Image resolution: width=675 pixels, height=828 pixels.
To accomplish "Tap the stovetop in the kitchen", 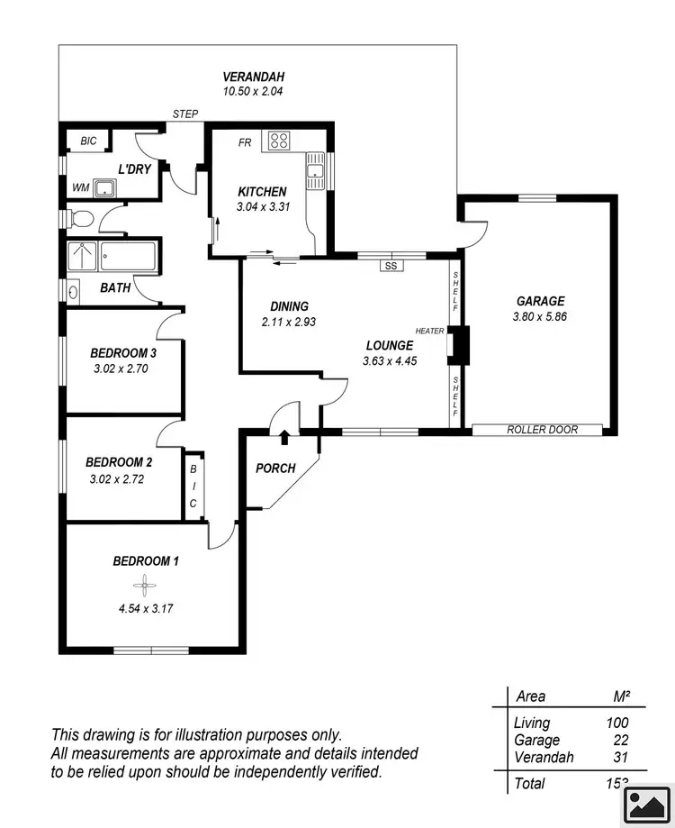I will click(x=278, y=141).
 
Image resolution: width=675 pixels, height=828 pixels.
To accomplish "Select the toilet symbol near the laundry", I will click(x=79, y=218).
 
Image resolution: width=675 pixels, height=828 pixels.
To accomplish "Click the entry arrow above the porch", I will click(x=285, y=437).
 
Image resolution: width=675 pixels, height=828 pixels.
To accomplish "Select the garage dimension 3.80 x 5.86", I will click(x=540, y=316).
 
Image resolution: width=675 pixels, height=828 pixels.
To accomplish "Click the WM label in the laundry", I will click(x=81, y=187).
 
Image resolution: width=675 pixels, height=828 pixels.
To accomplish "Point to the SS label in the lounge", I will click(x=390, y=266).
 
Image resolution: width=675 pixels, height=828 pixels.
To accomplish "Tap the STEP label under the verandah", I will click(x=185, y=114).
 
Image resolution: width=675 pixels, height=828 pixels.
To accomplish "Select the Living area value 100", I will click(x=616, y=723).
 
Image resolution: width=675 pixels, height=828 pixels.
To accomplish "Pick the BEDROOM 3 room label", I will click(x=123, y=352).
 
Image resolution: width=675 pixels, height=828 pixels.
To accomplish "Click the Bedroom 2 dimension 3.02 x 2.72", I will click(x=117, y=479).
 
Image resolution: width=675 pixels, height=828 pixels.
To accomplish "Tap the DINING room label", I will click(x=289, y=306).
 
